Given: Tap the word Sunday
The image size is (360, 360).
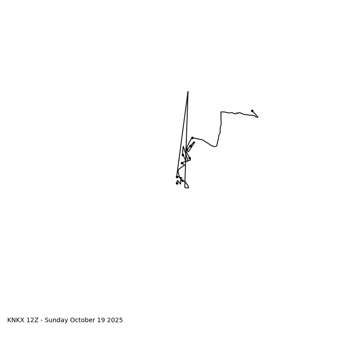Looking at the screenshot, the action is click(57, 320).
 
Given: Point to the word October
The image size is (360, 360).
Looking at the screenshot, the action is click(85, 320).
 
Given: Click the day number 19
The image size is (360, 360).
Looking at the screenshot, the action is click(103, 320).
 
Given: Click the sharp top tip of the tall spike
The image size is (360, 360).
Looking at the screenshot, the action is click(188, 92).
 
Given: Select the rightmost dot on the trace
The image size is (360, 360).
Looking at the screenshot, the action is click(252, 111).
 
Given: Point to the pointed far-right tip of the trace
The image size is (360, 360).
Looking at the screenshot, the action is click(258, 117).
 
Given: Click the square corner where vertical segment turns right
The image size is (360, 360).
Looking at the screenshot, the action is click(221, 112).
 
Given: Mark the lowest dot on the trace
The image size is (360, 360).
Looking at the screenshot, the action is click(177, 183).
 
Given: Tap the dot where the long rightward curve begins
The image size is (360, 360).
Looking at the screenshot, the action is click(192, 138).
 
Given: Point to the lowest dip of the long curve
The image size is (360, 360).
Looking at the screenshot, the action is click(214, 146).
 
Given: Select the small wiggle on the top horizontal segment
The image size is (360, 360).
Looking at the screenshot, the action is click(237, 113).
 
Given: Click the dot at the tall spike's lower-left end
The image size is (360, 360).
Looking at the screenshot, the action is click(177, 177).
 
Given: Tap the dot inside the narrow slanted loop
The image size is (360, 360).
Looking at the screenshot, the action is click(190, 146).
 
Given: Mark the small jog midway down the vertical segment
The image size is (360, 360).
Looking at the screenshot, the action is click(220, 134).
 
